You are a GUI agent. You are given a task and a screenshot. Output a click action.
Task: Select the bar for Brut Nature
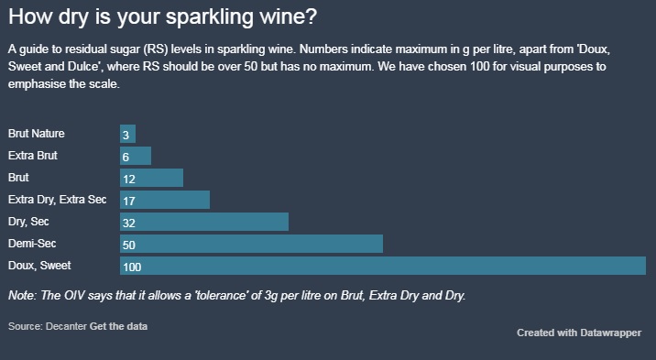[x=128, y=134]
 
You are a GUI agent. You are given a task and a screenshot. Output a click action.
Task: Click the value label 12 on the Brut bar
[x=128, y=178]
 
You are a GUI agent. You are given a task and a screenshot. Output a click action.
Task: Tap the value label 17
[x=128, y=200]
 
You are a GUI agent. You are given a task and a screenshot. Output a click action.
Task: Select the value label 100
[x=132, y=267]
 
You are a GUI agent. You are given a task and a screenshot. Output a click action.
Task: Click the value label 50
[x=128, y=245]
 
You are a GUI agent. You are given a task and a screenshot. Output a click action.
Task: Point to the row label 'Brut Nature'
[x=36, y=134]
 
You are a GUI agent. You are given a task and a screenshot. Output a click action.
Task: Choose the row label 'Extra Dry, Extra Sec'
[x=57, y=200]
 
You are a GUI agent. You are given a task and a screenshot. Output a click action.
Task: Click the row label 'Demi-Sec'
[x=31, y=244]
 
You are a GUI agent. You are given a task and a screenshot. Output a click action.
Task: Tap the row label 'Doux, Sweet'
[x=39, y=266]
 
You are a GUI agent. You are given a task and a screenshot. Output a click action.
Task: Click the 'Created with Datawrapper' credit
[x=579, y=333]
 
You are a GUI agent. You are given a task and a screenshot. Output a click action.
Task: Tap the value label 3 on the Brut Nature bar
[x=126, y=134]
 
